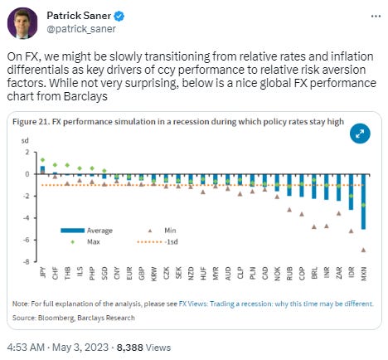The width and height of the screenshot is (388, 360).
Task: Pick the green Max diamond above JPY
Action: point(42,159)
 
